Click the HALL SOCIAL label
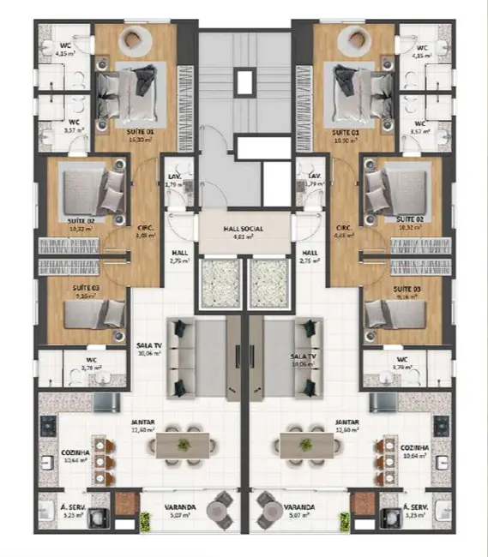pos(242,230)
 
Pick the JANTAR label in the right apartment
pos(346,422)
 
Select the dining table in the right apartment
pos(305,444)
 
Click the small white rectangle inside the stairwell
pos(244,82)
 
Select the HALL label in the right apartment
pos(310,253)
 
